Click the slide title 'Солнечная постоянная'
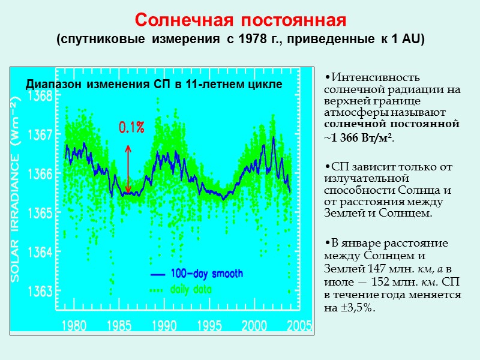click(240, 20)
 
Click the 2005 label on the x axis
click(299, 326)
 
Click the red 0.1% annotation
click(131, 127)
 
